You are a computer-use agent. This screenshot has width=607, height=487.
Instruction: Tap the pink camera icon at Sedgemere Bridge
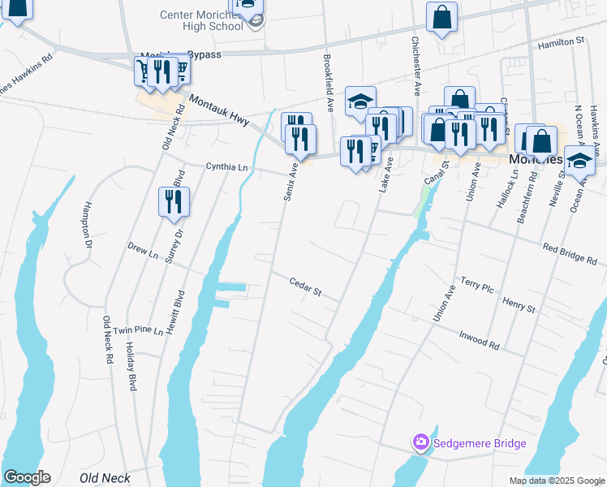click(420, 443)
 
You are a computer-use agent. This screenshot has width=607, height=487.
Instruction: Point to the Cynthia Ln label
click(226, 167)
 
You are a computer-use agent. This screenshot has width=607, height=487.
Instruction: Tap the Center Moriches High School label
click(201, 20)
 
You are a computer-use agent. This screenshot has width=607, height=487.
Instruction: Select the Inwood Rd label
click(479, 340)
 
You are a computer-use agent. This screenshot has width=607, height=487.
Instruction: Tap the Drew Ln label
click(143, 250)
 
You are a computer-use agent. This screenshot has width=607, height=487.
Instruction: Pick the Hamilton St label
click(562, 41)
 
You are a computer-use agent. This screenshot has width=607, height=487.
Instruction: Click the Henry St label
click(519, 305)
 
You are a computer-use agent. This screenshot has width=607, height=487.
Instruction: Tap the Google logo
click(27, 477)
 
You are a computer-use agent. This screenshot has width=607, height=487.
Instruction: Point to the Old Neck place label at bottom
click(105, 478)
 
